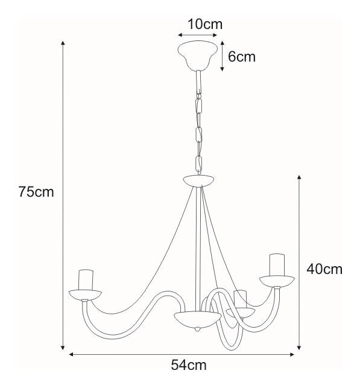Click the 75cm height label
[x=36, y=192]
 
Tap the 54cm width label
[x=189, y=365]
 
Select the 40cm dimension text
[x=324, y=269]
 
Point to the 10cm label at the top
[x=205, y=24]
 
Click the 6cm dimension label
[x=242, y=57]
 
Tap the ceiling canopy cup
[x=198, y=56]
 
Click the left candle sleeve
[x=86, y=280]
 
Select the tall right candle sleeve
[x=277, y=264]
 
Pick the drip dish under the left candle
[x=85, y=295]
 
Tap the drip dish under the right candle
[x=277, y=281]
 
